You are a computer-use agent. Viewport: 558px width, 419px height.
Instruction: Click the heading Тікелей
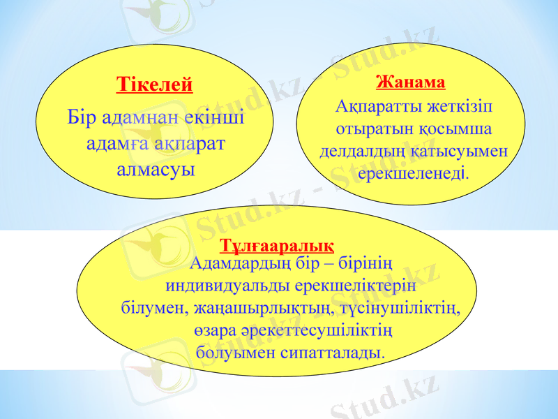(x=154, y=85)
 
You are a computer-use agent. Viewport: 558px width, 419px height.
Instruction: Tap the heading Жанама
(x=410, y=82)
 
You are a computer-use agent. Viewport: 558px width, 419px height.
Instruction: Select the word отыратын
(x=368, y=129)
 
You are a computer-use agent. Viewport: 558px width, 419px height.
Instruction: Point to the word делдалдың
(x=357, y=150)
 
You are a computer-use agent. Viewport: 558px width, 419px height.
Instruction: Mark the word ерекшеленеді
(x=413, y=171)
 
